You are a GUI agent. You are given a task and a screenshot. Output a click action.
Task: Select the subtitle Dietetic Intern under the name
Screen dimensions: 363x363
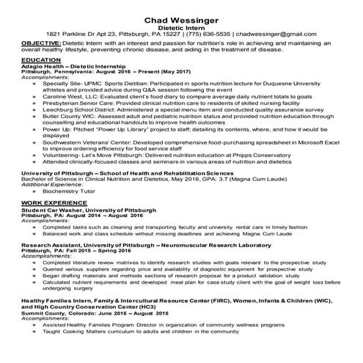[182, 26]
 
